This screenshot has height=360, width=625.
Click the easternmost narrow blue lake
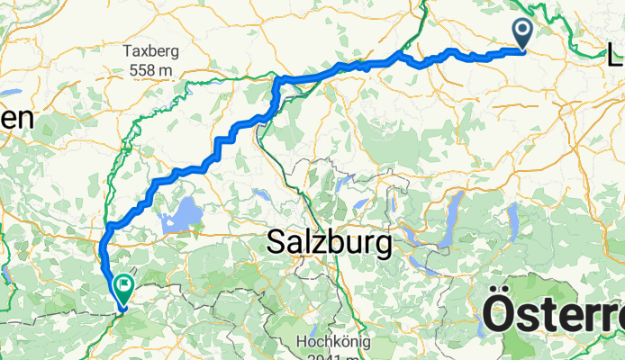(513, 219)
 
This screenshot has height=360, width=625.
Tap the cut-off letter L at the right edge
(616, 56)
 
